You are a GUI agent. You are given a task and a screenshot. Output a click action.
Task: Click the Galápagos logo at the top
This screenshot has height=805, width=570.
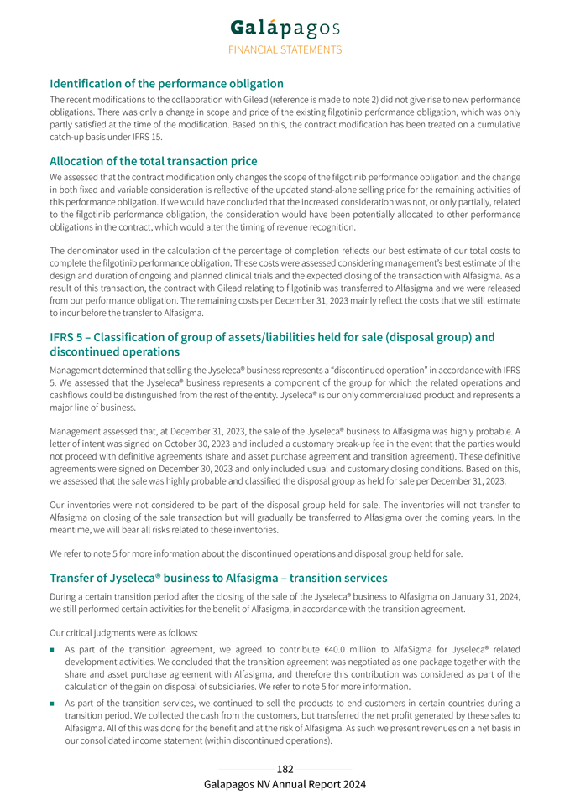285,28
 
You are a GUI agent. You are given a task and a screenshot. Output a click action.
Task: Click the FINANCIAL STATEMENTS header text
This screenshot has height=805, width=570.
285,49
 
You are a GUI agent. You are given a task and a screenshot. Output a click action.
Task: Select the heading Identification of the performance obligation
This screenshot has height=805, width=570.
166,83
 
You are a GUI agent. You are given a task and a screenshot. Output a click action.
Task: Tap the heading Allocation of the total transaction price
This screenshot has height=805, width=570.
153,161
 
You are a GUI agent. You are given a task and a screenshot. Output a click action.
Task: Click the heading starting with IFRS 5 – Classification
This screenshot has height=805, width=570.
272,344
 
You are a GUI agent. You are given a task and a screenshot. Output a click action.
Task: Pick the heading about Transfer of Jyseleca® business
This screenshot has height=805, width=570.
218,578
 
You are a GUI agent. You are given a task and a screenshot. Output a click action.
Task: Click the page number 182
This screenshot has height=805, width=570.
285,769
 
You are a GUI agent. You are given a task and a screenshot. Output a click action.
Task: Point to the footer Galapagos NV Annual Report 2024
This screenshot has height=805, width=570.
285,784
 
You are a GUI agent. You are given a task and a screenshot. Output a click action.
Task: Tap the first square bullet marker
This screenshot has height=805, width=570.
53,650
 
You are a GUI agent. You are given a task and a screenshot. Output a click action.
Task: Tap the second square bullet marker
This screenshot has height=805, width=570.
53,703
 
